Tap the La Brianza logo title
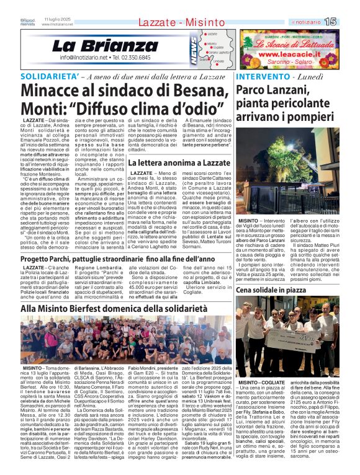(x=96, y=45)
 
